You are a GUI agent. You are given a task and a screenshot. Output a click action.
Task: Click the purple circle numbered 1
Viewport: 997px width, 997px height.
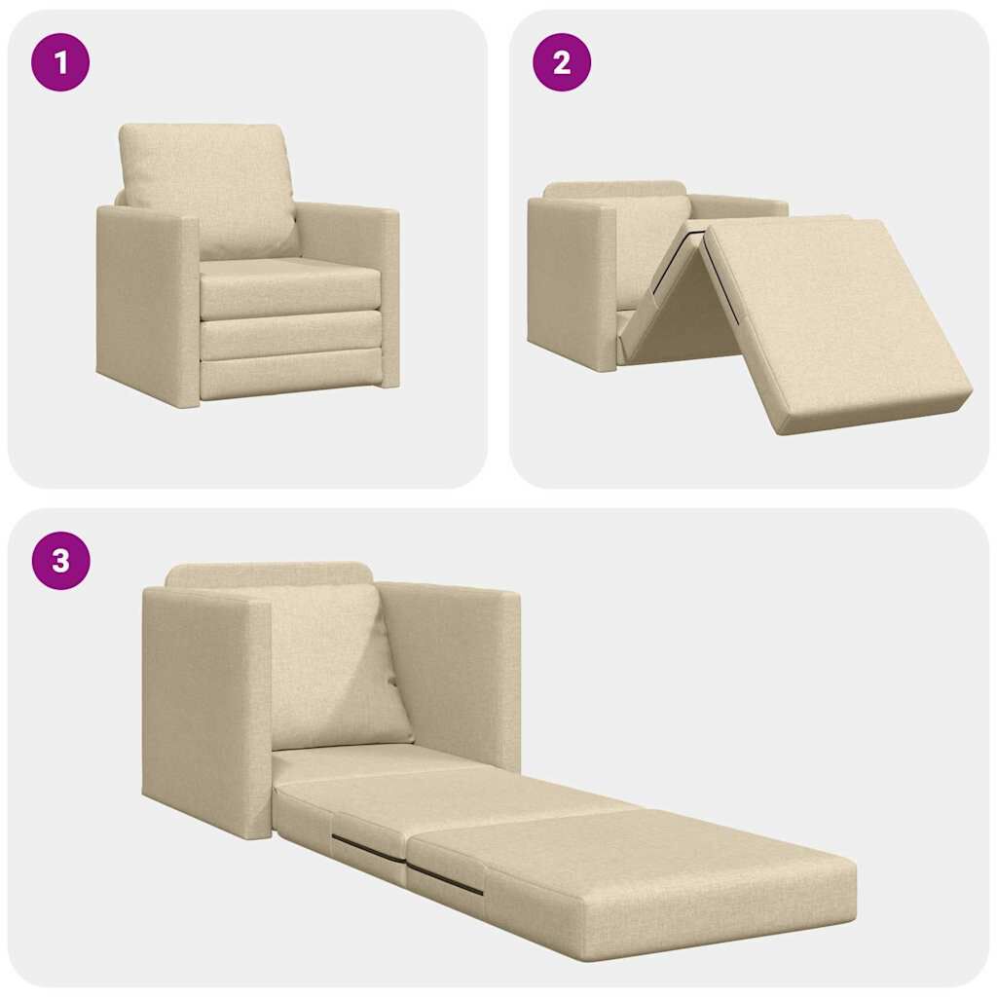pyautogui.click(x=60, y=62)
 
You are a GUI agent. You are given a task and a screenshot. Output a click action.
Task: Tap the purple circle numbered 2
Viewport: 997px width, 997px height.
pyautogui.click(x=562, y=62)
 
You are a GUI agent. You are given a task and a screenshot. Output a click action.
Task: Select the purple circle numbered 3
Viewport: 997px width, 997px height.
pyautogui.click(x=60, y=561)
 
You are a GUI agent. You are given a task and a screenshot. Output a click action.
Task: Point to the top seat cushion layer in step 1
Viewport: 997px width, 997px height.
pyautogui.click(x=290, y=287)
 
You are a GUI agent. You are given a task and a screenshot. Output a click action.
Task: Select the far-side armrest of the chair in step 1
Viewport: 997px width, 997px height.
pyautogui.click(x=351, y=234)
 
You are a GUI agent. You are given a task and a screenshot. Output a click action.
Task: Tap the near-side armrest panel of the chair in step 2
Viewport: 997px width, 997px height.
pyautogui.click(x=571, y=282)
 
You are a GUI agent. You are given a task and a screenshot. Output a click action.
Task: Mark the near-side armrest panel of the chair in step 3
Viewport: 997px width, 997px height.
pyautogui.click(x=204, y=711)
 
